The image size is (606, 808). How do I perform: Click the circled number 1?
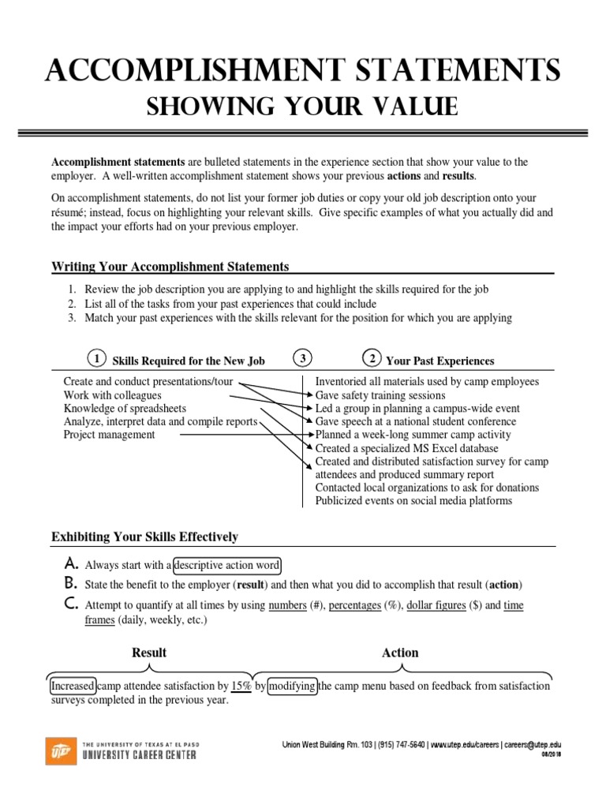[95, 359]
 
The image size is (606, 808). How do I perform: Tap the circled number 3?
[302, 359]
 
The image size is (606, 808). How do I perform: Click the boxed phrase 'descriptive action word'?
[226, 565]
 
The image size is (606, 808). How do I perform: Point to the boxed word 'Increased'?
[73, 686]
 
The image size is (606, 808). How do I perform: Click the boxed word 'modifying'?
[293, 686]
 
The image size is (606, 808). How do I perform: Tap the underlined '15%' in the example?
[241, 686]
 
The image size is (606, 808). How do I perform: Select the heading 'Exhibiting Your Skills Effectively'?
[144, 537]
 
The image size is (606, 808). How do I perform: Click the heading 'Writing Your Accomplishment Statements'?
[170, 267]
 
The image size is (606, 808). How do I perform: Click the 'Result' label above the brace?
[149, 653]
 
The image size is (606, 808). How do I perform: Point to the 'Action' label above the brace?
[400, 653]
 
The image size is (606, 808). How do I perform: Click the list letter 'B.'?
[70, 585]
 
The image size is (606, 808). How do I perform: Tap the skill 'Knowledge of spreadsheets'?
[125, 408]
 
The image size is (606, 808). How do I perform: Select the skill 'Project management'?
[109, 435]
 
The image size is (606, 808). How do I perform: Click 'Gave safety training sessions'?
[380, 395]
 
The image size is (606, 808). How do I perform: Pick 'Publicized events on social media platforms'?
[413, 501]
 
